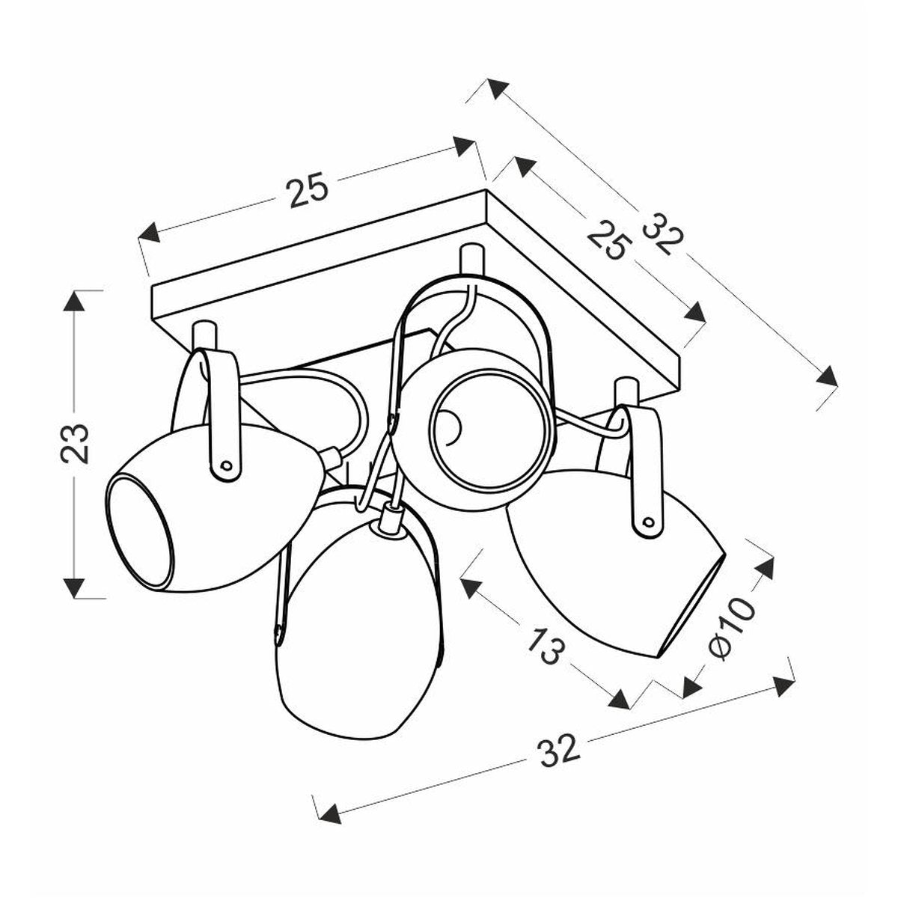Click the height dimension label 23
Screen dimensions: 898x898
tap(75, 444)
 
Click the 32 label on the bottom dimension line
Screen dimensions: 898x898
tap(560, 752)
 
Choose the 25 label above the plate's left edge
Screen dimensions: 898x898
tap(308, 191)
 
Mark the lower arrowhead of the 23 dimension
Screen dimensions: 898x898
tap(75, 588)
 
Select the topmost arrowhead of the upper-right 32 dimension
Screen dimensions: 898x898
tap(498, 88)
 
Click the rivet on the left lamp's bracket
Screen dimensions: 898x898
tap(226, 465)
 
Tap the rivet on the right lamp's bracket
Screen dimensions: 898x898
tap(648, 522)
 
